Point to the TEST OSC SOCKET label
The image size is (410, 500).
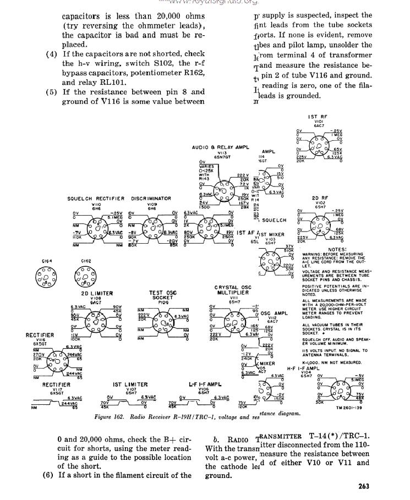(163, 296)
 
